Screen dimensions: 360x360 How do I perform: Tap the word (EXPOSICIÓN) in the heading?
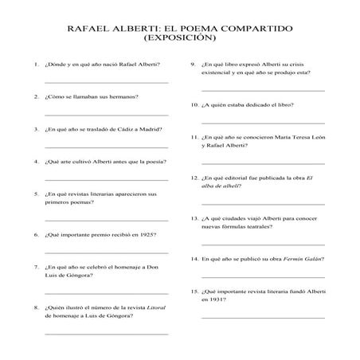pos(180,37)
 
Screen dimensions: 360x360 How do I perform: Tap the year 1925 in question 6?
pos(147,235)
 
